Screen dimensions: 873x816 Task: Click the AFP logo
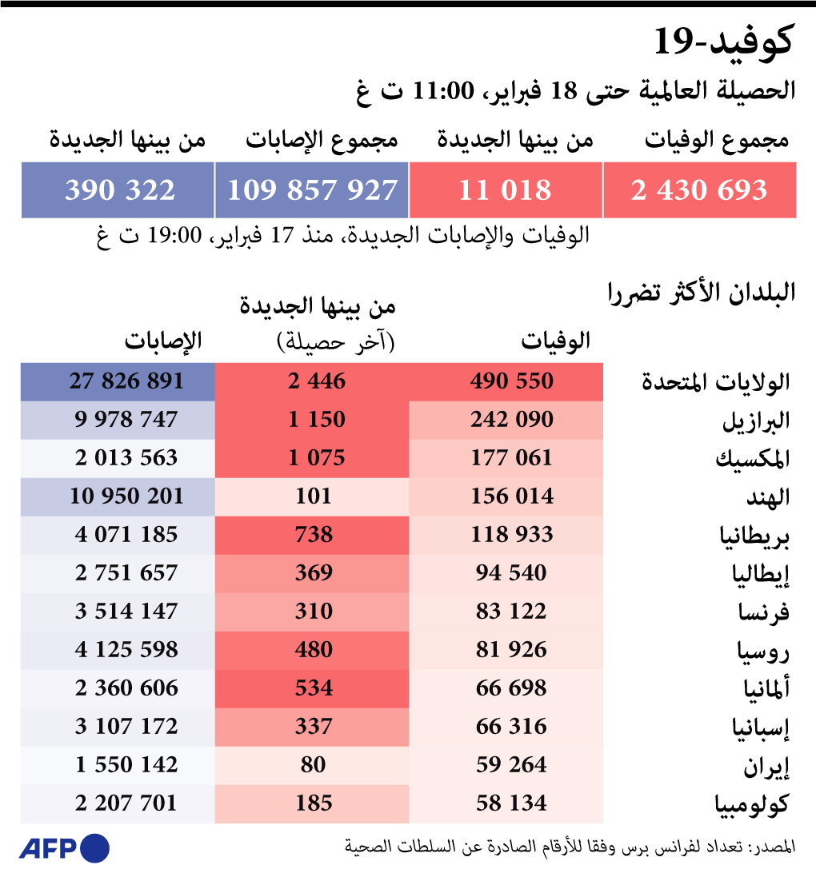64,847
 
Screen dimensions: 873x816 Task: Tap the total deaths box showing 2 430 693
699,190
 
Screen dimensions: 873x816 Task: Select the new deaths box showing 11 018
505,190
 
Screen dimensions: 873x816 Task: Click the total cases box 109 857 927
312,190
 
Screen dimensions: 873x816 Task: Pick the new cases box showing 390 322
118,190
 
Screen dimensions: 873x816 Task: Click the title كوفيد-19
723,43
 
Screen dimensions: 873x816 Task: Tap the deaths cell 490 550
506,381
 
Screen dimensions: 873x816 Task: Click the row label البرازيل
756,421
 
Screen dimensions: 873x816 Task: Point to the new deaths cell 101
312,496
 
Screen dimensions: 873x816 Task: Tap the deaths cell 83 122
506,612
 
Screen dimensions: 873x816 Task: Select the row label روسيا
763,651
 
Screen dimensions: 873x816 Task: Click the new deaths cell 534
312,688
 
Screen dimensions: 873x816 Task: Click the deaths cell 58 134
506,803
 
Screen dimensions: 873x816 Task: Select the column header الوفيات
556,341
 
